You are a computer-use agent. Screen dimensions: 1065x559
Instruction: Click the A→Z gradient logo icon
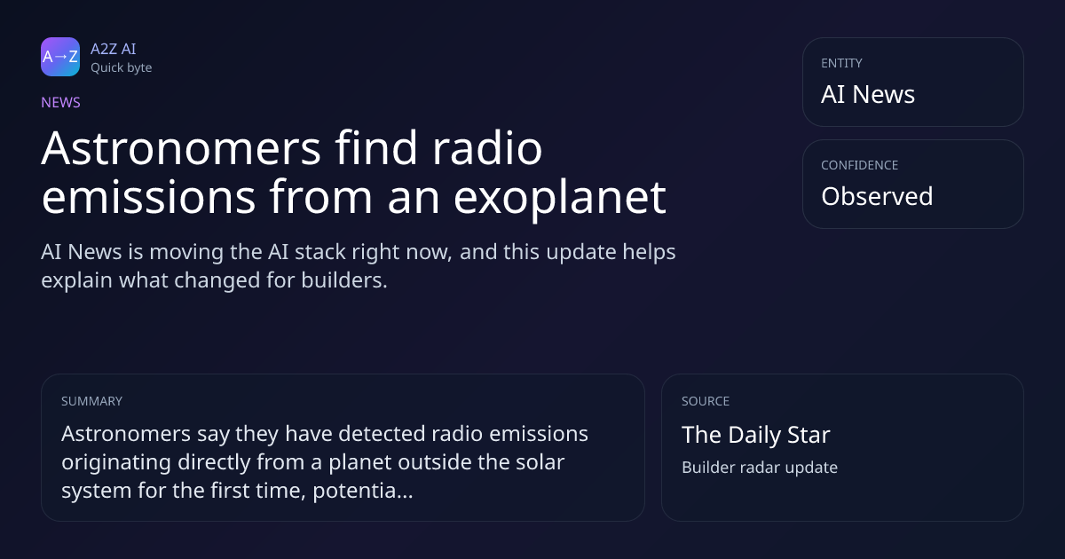click(x=60, y=57)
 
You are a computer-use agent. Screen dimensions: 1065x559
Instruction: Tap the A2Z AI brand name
click(x=114, y=49)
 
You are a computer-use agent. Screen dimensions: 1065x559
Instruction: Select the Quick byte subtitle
click(x=122, y=68)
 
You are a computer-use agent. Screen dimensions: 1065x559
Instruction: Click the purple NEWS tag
click(x=61, y=103)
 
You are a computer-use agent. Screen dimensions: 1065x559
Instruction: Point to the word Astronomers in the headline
click(x=181, y=148)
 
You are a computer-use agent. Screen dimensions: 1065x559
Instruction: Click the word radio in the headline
click(x=487, y=147)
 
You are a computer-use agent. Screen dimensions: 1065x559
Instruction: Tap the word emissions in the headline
click(x=148, y=197)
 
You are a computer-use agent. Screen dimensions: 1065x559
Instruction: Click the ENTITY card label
click(x=841, y=63)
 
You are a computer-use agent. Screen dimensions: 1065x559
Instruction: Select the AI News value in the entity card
click(x=868, y=94)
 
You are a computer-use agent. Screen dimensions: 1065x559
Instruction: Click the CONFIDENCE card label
click(x=860, y=165)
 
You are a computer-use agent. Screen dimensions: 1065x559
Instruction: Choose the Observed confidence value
click(x=877, y=196)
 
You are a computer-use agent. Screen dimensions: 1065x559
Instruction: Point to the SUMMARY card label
click(x=91, y=401)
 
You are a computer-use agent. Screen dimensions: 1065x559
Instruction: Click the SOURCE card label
click(x=706, y=401)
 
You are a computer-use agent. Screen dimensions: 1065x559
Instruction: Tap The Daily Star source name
click(x=756, y=435)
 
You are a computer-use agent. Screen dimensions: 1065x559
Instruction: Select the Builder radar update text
click(x=760, y=468)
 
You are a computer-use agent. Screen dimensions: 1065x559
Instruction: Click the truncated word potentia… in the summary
click(x=363, y=491)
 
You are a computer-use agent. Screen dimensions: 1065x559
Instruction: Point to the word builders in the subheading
click(x=344, y=280)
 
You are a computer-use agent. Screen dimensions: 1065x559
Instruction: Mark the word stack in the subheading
click(x=320, y=252)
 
